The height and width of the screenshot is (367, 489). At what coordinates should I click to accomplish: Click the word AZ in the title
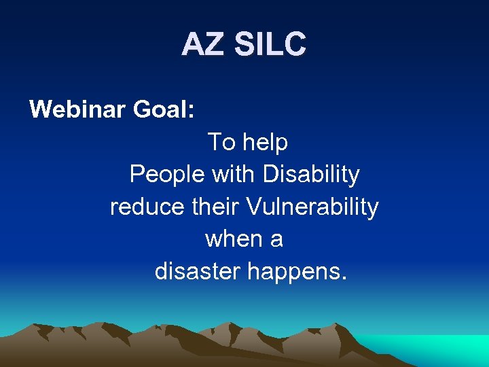click(x=203, y=45)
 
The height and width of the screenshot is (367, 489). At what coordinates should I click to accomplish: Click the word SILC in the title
click(x=270, y=45)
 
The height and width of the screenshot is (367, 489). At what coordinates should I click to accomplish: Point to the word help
click(x=266, y=142)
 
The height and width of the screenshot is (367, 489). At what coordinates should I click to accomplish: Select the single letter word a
click(x=276, y=240)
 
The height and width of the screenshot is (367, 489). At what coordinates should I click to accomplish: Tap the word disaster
click(x=198, y=272)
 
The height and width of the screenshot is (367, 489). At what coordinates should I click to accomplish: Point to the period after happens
click(x=344, y=279)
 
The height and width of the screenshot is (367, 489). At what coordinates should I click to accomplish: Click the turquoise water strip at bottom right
click(x=448, y=350)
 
